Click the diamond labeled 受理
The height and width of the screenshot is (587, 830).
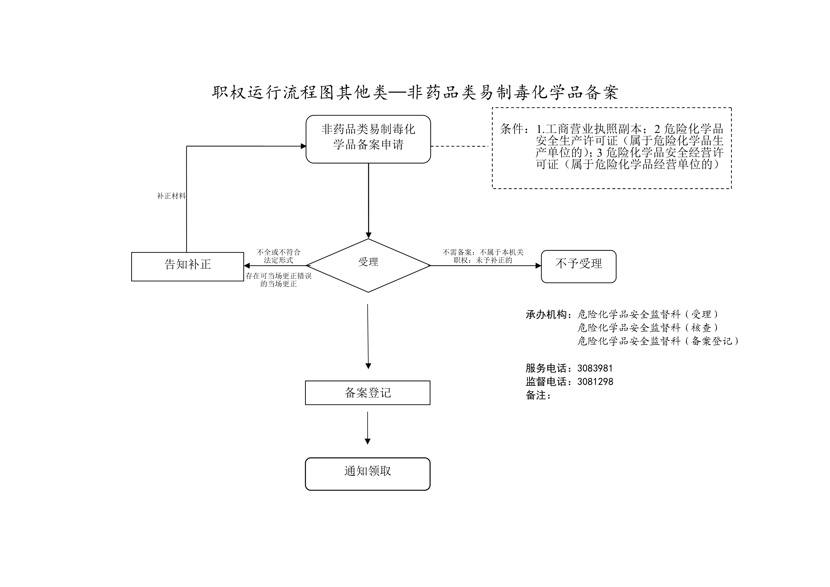coord(368,265)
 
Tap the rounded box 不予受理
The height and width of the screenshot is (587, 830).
coord(578,266)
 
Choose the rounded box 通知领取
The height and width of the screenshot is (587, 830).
coord(368,474)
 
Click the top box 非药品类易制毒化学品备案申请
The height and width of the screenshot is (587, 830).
coord(368,139)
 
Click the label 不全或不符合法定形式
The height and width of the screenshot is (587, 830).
coord(278,256)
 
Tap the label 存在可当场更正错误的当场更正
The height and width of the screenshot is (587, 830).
coord(278,280)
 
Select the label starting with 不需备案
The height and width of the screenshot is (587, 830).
coord(483,256)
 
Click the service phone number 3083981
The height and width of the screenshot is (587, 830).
coord(595,368)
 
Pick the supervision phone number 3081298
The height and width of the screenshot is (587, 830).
coord(595,382)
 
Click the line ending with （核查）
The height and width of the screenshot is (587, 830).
coord(648,328)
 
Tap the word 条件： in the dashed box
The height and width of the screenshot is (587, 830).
coord(515,129)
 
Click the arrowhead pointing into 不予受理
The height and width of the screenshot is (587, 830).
coord(538,266)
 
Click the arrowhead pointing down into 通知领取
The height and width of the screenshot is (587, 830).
coord(368,441)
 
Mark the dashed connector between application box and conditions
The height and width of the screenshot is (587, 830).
coord(460,146)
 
